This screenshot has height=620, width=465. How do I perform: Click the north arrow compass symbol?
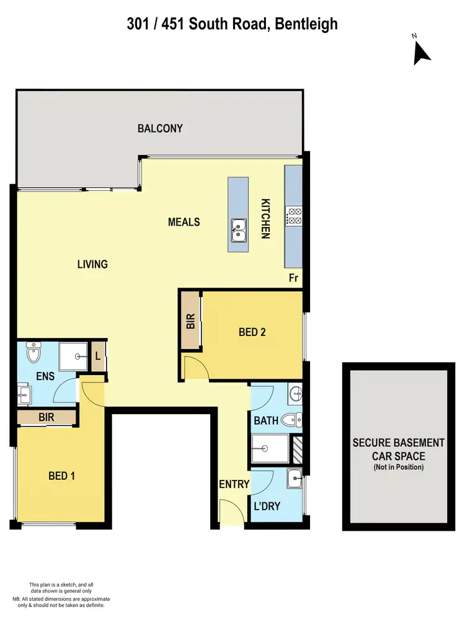pyautogui.click(x=422, y=52)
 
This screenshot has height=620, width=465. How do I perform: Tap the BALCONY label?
pyautogui.click(x=160, y=128)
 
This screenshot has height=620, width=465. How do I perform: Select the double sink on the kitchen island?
pyautogui.click(x=238, y=230)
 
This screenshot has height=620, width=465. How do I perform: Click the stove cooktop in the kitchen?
pyautogui.click(x=293, y=216)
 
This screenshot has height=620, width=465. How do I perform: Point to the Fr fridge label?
pyautogui.click(x=294, y=278)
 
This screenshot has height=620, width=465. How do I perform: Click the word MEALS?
pyautogui.click(x=184, y=221)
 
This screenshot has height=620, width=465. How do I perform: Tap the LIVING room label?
pyautogui.click(x=92, y=264)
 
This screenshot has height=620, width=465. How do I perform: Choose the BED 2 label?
pyautogui.click(x=252, y=332)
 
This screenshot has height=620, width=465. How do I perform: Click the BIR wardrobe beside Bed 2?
pyautogui.click(x=191, y=321)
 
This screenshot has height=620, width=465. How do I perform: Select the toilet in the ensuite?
pyautogui.click(x=33, y=355)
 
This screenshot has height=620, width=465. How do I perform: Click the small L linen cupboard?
pyautogui.click(x=98, y=356)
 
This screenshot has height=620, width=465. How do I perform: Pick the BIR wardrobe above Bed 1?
pyautogui.click(x=46, y=417)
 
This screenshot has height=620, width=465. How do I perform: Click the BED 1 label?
pyautogui.click(x=62, y=476)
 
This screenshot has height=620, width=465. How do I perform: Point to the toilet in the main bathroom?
pyautogui.click(x=290, y=420)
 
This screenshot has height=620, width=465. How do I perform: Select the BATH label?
pyautogui.click(x=265, y=421)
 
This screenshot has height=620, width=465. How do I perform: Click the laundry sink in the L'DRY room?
pyautogui.click(x=295, y=478)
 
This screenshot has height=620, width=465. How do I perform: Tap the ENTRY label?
pyautogui.click(x=234, y=484)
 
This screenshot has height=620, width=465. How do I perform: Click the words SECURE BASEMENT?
pyautogui.click(x=398, y=443)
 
